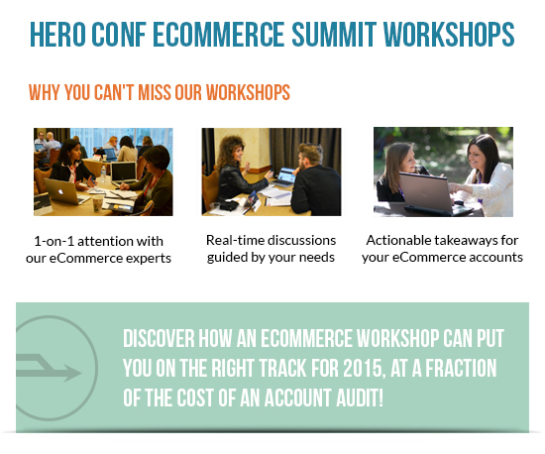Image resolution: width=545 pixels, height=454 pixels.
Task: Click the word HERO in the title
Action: coord(57,34)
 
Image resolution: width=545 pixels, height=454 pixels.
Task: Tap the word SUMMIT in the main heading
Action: coord(334,34)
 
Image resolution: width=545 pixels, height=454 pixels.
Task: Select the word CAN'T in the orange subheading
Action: coord(114,92)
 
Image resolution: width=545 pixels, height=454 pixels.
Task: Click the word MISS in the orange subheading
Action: coord(155,92)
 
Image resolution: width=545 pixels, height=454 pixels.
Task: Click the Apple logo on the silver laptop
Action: coord(60,191)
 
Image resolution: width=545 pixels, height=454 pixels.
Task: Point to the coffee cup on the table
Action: coord(98,203)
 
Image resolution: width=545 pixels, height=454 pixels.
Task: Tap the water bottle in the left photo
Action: coord(103,173)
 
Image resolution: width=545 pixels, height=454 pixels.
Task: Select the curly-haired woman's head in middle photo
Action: coord(232,150)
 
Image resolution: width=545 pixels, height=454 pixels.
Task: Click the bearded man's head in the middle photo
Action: coord(309,157)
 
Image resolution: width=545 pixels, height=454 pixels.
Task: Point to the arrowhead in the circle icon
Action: coord(72,374)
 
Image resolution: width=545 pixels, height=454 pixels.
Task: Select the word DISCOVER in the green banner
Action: coord(159,338)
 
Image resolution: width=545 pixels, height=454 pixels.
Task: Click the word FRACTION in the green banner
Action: coord(461,368)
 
